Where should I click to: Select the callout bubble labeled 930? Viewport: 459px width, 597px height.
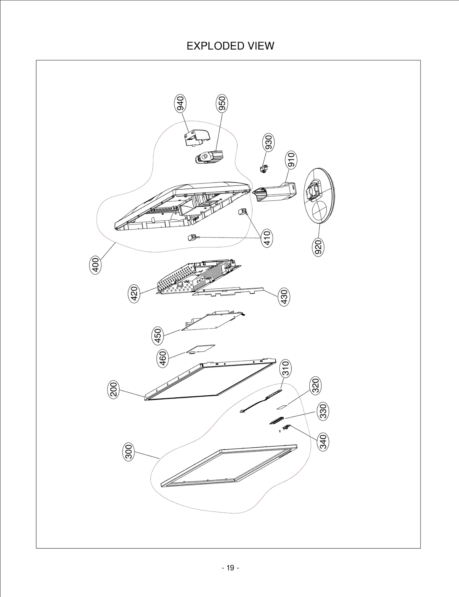click(x=269, y=142)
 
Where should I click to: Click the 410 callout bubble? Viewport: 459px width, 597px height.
click(x=267, y=238)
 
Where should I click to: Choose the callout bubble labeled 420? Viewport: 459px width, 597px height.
click(x=134, y=293)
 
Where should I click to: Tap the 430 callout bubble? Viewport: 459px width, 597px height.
click(x=284, y=297)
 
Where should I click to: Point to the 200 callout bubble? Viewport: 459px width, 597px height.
click(x=114, y=389)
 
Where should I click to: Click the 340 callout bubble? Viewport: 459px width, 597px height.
click(x=323, y=442)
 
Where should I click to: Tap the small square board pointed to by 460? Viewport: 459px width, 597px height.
click(x=201, y=348)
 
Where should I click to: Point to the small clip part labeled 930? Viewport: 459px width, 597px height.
click(x=264, y=169)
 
